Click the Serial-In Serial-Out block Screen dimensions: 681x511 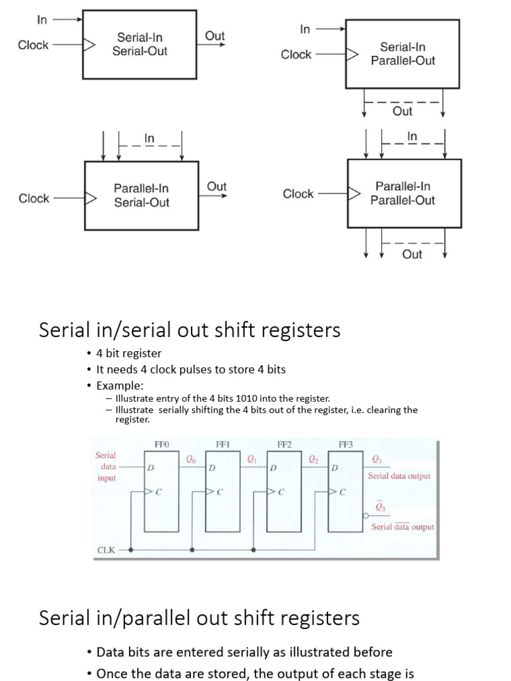point(140,44)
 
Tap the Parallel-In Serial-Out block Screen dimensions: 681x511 point(141,196)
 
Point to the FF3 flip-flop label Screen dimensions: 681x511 point(345,444)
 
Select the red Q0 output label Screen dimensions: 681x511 point(191,458)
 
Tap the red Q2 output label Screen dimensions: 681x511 point(313,458)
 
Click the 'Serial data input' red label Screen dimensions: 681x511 point(106,467)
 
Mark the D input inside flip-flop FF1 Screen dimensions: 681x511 point(212,468)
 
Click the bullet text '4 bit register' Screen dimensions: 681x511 point(129,353)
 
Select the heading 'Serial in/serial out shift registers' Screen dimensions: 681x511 point(190,330)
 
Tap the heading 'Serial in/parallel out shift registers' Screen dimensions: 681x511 point(199,618)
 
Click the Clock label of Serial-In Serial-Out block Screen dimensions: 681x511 point(33,45)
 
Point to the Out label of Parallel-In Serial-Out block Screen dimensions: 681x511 point(217,187)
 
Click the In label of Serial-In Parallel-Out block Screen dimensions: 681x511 point(305,29)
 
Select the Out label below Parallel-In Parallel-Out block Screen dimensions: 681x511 point(412,254)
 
